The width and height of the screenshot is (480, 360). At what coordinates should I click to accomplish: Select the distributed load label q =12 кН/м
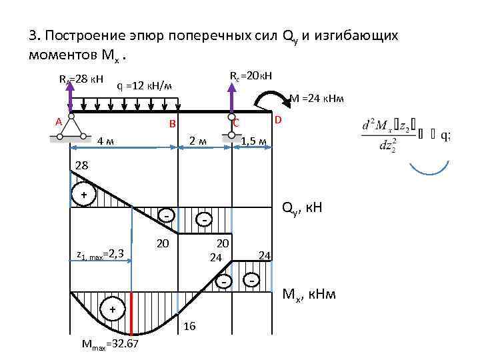click(145, 85)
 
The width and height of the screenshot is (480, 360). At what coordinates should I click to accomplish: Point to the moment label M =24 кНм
click(317, 99)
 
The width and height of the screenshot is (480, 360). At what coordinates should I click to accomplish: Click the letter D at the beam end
click(279, 120)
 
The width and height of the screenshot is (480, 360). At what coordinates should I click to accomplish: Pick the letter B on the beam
click(171, 124)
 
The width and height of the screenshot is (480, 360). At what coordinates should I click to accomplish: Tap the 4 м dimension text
click(105, 141)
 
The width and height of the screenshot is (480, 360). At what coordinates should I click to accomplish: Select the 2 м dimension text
click(197, 141)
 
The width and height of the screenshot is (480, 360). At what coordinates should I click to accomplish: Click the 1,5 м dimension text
click(254, 141)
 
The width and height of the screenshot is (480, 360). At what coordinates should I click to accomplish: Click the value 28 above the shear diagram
click(81, 165)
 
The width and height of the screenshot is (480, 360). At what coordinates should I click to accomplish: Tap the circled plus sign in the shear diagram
click(84, 194)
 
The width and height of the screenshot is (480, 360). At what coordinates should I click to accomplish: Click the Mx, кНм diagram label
click(310, 293)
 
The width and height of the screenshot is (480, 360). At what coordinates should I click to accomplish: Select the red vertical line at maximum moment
click(132, 313)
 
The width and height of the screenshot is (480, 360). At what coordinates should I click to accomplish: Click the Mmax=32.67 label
click(110, 344)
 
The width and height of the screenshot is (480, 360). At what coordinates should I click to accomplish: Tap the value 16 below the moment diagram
click(189, 326)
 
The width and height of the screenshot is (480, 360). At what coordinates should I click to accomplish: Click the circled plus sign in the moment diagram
click(112, 309)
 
